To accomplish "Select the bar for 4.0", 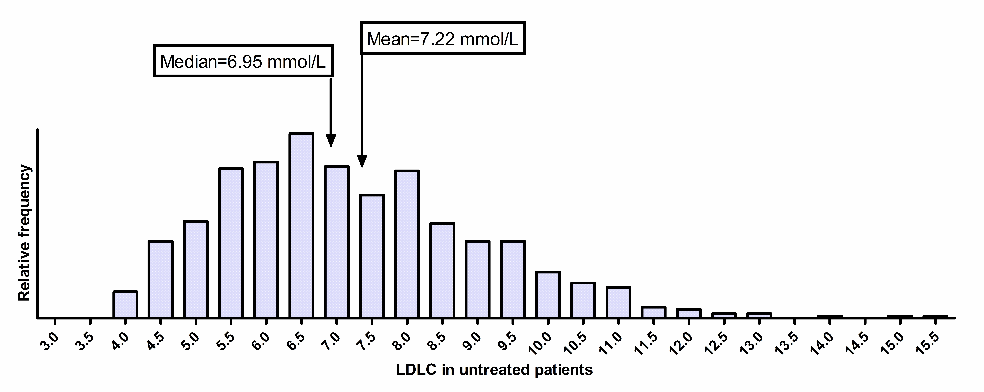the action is point(125,304).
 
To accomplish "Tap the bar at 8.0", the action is point(407,244).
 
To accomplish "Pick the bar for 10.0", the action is point(548,294).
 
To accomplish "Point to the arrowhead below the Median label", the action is point(331,141).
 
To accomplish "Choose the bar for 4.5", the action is point(160,279).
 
